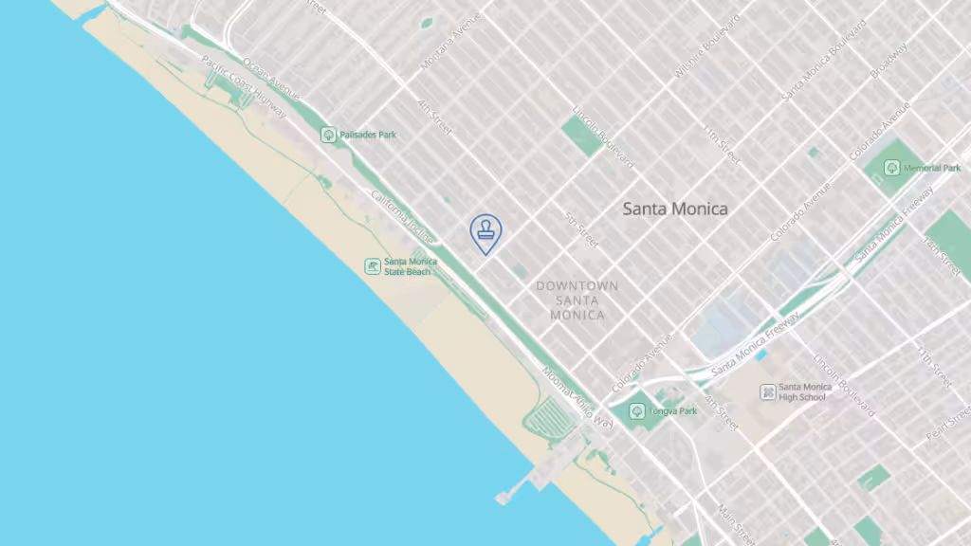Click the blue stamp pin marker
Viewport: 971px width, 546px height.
[x=485, y=231]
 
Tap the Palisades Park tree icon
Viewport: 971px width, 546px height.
[x=328, y=136]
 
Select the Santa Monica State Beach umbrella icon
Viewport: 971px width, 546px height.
[x=374, y=266]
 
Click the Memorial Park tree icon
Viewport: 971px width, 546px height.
[x=891, y=168]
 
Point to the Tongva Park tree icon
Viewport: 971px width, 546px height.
[x=637, y=411]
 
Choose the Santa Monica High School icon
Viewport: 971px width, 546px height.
[x=767, y=391]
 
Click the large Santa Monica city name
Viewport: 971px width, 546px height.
[x=675, y=209]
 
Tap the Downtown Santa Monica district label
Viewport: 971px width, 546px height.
[x=577, y=300]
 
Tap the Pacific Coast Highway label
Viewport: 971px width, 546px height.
[x=245, y=90]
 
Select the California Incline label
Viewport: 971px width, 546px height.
[x=402, y=214]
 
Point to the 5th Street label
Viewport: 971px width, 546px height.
[x=580, y=230]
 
